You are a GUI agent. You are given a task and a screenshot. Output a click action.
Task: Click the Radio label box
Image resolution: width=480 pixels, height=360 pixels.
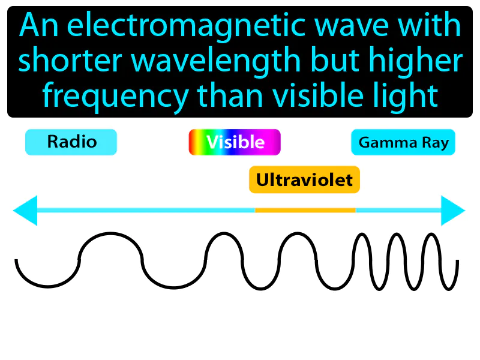pos(71,142)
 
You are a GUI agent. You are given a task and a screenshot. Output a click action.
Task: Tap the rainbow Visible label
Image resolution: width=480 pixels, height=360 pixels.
pos(235,142)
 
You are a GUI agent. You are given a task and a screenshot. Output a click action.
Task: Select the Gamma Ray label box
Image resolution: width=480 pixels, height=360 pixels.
pos(403,143)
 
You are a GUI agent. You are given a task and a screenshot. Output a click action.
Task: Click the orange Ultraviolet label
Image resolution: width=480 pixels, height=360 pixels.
pos(304,179)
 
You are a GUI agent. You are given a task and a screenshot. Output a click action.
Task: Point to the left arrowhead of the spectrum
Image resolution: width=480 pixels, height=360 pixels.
pos(25,210)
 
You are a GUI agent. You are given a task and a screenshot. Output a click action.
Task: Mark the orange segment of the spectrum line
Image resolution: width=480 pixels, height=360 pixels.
pos(305,210)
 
